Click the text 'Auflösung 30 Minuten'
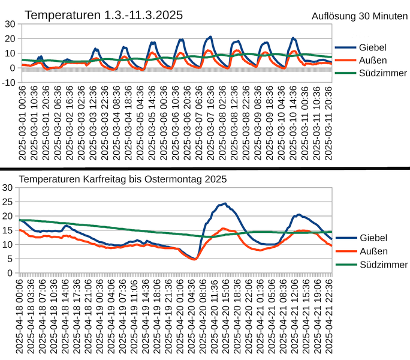359,16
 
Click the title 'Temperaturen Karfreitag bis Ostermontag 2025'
123,179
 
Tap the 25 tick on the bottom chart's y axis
9,202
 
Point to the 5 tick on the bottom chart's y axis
11,259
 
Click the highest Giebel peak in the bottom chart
225,203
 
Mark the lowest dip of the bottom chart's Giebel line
194,259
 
